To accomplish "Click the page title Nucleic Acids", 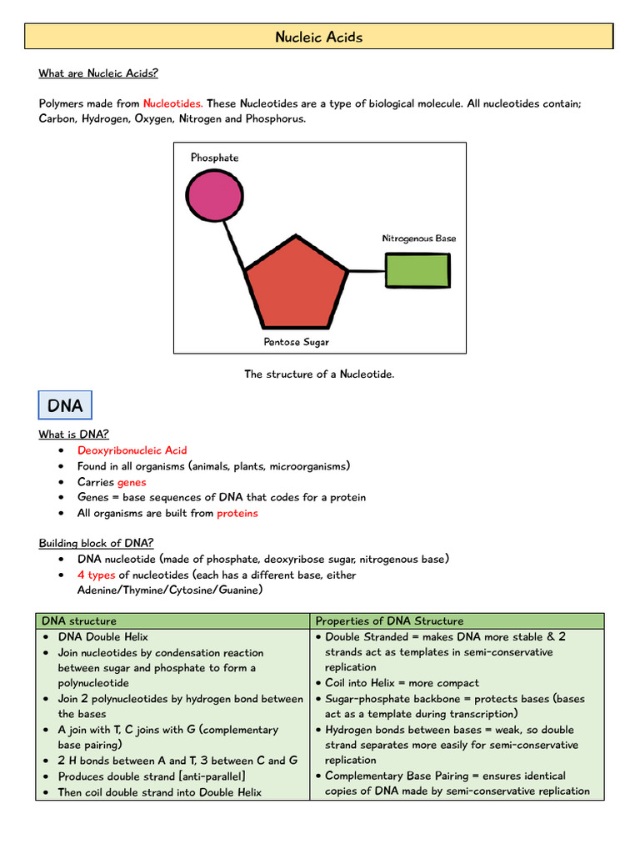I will [x=319, y=37].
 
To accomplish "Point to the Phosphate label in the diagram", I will [x=214, y=158].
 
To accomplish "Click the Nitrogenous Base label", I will [x=419, y=239].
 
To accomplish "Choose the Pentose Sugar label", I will [x=297, y=342].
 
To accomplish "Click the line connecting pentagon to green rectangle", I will [x=367, y=270].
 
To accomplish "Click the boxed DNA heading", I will [x=65, y=405].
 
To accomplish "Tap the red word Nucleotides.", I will [x=172, y=103].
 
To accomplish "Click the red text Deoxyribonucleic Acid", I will [x=132, y=450].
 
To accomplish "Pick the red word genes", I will [x=132, y=482].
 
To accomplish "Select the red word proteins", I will [x=237, y=513].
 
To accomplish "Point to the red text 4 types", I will [x=97, y=575].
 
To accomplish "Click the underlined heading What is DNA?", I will [x=73, y=435].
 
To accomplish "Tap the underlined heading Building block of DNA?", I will [x=96, y=543].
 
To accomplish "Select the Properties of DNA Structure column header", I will [x=389, y=621].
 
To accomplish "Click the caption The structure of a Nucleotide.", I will [x=319, y=374].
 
